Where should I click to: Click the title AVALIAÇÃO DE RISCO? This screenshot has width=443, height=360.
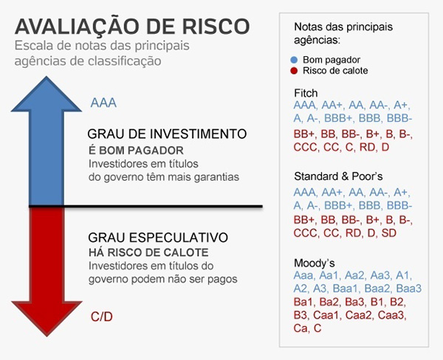[x=131, y=26]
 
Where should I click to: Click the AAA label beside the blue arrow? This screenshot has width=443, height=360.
[x=103, y=103]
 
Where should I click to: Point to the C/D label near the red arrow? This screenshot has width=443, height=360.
[x=102, y=316]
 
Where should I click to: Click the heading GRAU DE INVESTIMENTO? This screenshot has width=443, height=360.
[x=166, y=135]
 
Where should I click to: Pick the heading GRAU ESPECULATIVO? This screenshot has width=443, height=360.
[x=157, y=238]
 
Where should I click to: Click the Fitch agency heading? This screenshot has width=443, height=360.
[x=305, y=93]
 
